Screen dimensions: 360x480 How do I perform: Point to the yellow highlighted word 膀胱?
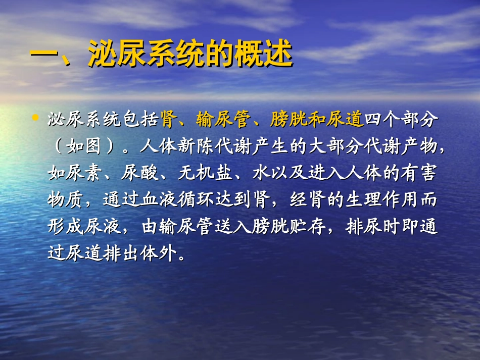288,120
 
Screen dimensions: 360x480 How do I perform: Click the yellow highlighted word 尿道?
347,120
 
